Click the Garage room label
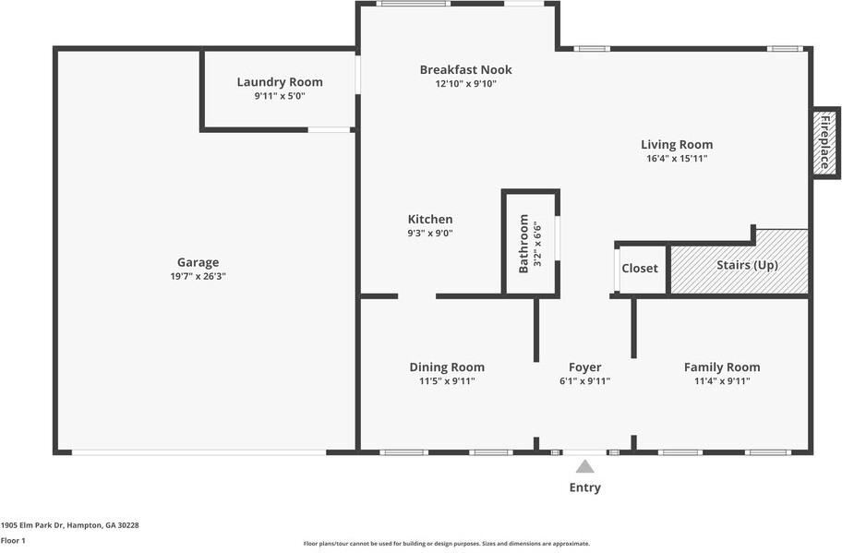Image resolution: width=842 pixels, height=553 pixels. click(x=198, y=262)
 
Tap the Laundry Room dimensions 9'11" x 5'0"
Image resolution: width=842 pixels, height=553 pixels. click(x=280, y=96)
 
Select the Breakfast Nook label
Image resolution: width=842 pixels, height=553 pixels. click(x=465, y=69)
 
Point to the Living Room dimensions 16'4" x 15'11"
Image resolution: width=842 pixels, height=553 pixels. click(x=677, y=159)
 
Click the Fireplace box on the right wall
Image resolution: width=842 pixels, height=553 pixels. click(x=825, y=142)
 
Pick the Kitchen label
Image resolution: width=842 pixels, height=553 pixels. click(x=430, y=219)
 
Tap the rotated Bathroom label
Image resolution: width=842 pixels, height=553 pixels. click(x=523, y=244)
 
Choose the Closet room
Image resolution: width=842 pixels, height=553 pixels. click(x=640, y=268)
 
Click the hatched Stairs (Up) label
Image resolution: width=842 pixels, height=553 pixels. click(x=748, y=265)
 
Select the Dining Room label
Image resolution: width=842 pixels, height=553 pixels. click(x=447, y=367)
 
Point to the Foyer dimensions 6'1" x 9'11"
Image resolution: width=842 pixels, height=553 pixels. click(x=584, y=381)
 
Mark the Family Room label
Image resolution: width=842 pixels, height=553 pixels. click(x=722, y=367)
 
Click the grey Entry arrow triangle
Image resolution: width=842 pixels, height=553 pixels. click(x=584, y=466)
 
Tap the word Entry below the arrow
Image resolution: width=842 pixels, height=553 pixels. click(x=584, y=487)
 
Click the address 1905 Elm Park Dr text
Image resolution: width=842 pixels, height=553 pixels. click(x=70, y=525)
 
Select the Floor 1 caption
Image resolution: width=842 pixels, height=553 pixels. click(x=14, y=541)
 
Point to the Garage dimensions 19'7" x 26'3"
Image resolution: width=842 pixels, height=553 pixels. click(x=198, y=277)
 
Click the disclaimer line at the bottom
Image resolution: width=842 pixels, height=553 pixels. click(x=446, y=544)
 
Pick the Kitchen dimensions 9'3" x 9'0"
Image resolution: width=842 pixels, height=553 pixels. click(x=430, y=233)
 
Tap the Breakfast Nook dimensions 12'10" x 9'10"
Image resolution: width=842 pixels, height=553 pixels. click(x=465, y=84)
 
